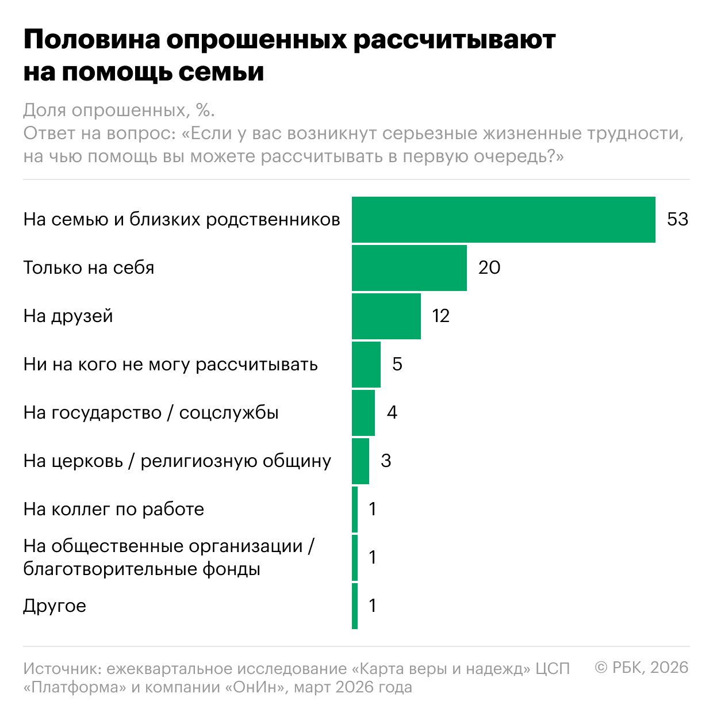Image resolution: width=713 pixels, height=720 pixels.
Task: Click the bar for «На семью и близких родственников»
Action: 503,219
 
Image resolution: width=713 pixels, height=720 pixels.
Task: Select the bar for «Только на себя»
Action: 409,267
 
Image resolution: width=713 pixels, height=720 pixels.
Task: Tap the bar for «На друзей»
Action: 386,316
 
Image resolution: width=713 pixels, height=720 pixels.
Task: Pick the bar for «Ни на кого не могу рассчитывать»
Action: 366,364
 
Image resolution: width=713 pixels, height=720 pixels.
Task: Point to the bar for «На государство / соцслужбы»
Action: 363,412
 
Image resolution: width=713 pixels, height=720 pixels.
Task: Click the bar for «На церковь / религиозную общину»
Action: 360,461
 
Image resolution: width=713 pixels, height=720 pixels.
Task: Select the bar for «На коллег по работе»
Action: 355,509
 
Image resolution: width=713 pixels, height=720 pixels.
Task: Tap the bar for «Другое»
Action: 355,606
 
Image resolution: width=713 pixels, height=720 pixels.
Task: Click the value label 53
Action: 677,219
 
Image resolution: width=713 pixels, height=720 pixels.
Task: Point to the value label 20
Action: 489,267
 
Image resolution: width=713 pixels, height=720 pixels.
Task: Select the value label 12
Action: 440,316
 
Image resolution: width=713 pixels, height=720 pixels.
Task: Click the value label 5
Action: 397,364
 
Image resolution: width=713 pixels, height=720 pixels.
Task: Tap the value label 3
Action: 386,461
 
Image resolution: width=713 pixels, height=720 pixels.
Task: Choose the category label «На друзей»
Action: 68,316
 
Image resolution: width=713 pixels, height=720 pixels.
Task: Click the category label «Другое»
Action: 55,606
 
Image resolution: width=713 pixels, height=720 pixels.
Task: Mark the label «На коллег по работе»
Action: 113,509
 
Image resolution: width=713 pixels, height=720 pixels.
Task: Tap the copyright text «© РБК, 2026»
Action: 641,667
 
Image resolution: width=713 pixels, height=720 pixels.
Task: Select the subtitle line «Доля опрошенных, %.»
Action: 119,110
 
